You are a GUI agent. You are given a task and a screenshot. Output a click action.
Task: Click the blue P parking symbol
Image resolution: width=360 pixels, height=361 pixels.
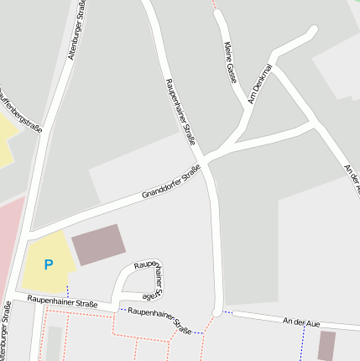[x=49, y=264]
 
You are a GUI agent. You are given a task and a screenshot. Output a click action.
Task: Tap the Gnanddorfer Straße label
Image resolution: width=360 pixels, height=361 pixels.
[x=171, y=183]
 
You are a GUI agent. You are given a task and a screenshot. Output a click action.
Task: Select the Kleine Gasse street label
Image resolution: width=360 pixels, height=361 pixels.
[x=229, y=63]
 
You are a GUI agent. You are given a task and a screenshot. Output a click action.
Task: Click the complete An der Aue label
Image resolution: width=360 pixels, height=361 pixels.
[x=301, y=322]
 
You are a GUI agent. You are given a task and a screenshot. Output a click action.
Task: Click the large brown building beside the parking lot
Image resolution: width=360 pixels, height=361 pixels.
[x=99, y=244]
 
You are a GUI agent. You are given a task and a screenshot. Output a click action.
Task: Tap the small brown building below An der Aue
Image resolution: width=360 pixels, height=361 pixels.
[x=326, y=345]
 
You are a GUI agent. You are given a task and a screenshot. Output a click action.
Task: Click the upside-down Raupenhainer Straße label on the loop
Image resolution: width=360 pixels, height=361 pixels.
[x=149, y=279]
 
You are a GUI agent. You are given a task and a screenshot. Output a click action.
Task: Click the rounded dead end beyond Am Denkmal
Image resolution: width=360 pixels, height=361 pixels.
[x=314, y=31]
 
